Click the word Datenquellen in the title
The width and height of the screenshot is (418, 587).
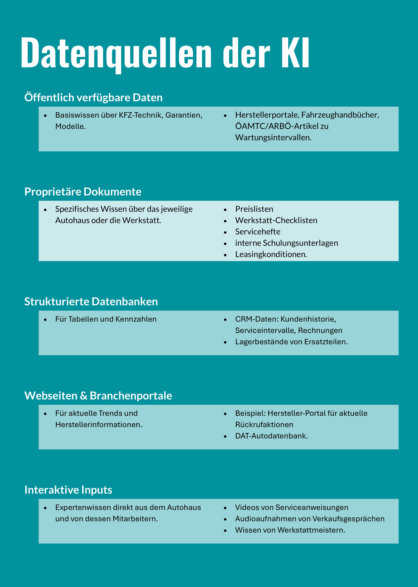116,53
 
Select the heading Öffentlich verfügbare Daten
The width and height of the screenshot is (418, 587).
93,98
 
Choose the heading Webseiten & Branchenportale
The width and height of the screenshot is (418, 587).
98,396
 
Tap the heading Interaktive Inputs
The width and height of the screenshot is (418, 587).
68,490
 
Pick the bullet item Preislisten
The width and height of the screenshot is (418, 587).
254,209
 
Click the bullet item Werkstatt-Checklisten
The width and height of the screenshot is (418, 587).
276,220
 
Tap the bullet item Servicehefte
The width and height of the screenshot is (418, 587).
258,232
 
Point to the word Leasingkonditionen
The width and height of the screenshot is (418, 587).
271,255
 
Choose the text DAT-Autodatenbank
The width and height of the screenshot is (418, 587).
271,436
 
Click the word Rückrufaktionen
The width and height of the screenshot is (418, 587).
264,425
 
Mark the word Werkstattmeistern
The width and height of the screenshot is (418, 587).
311,530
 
